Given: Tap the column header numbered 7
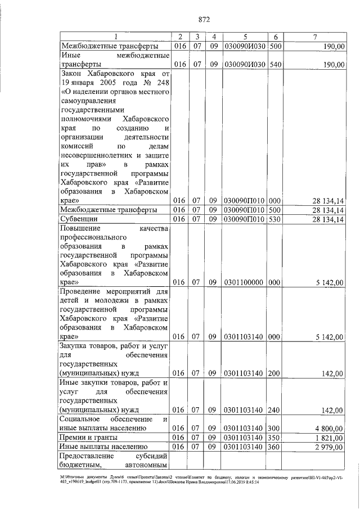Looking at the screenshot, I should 314,37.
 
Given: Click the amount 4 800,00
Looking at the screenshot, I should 328,428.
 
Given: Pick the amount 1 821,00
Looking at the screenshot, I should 328,437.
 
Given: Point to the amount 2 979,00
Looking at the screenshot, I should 328,446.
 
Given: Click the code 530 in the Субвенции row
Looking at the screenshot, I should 276,218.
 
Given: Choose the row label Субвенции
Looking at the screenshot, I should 79,218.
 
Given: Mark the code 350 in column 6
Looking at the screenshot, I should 276,437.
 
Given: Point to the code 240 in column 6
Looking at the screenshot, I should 276,409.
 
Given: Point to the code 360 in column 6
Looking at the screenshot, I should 276,446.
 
